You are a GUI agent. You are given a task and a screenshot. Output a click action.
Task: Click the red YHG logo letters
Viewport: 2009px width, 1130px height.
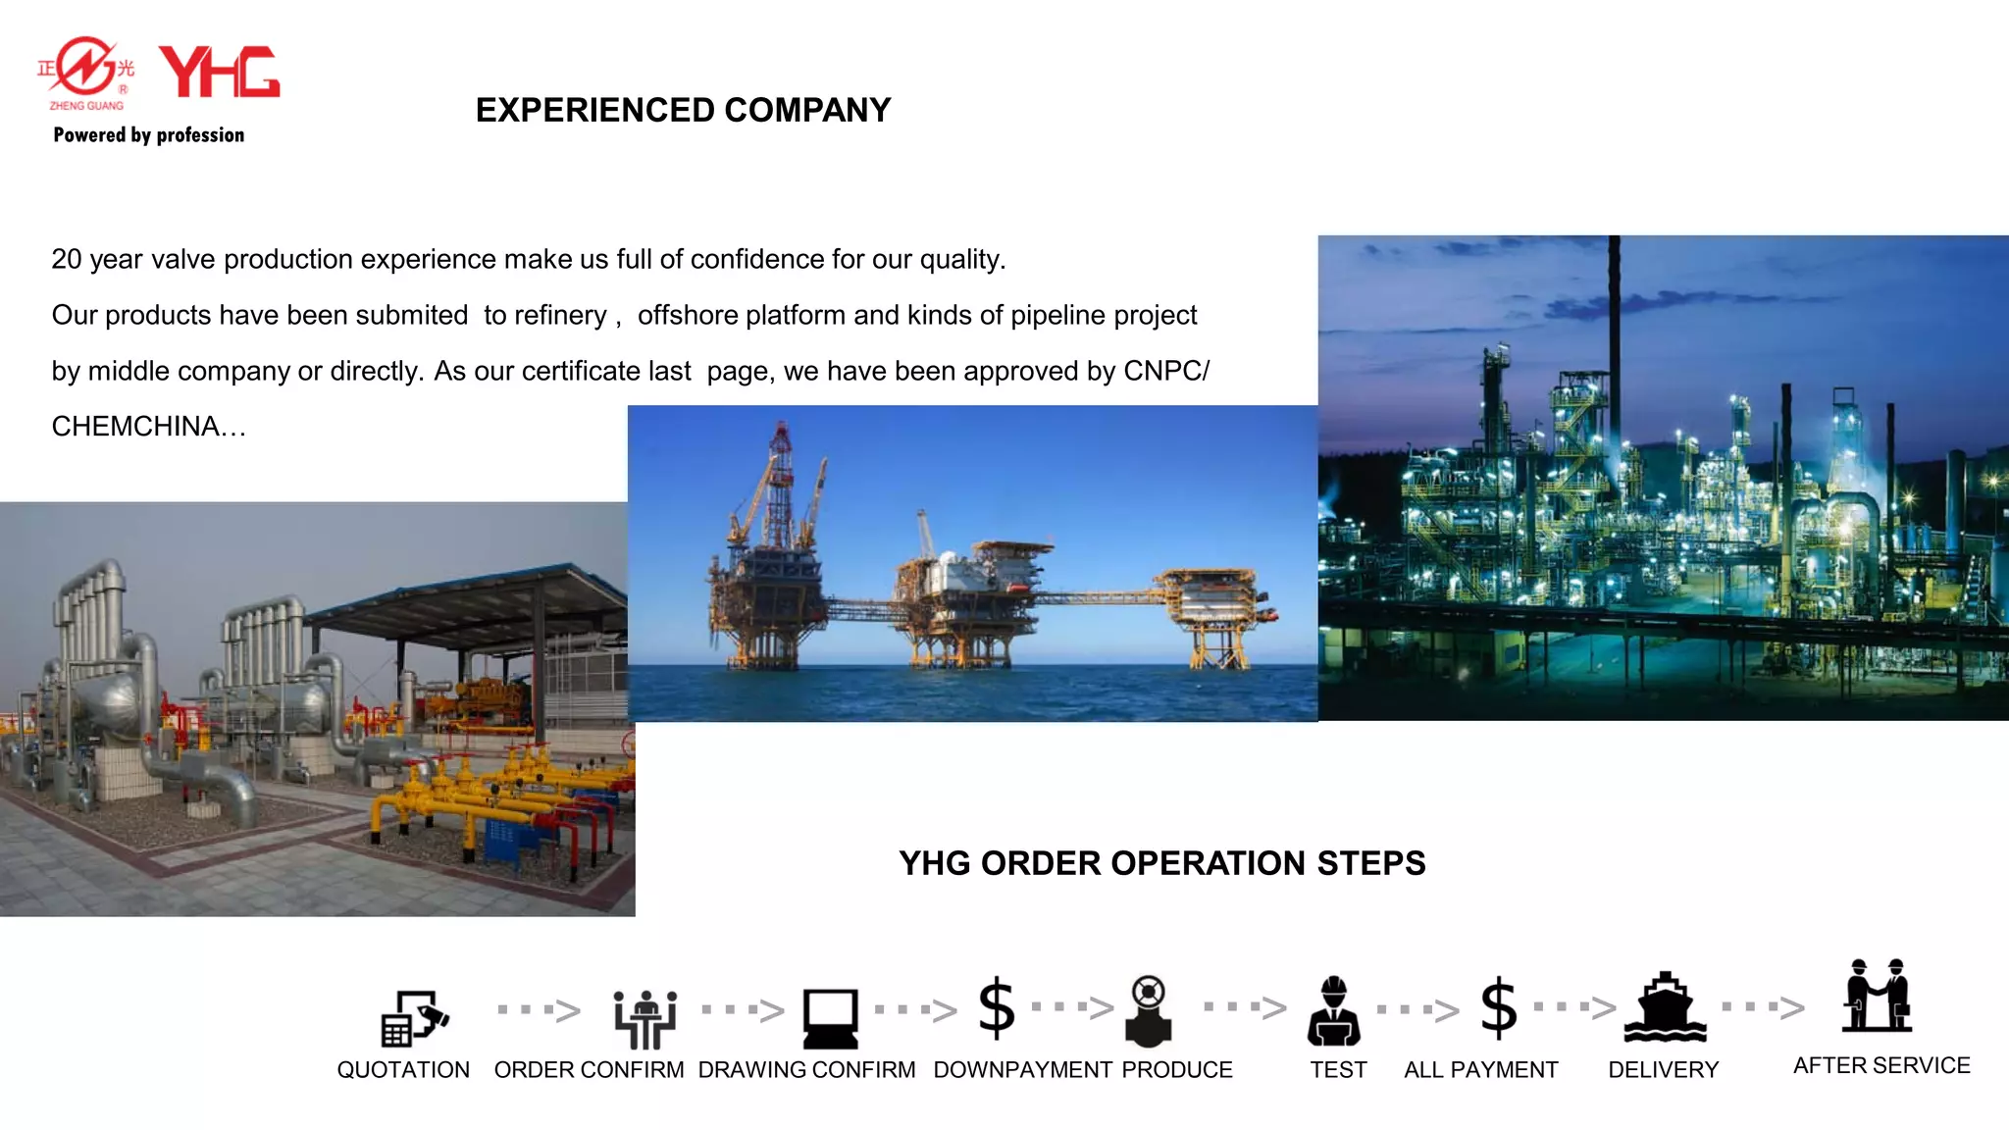coord(219,72)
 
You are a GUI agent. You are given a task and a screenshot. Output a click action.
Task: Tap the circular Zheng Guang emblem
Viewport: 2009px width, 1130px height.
coord(86,68)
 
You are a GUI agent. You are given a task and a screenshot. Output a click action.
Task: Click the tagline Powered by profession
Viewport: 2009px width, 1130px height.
coord(149,135)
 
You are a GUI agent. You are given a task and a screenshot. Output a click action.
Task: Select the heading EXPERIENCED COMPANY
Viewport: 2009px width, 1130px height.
coord(683,110)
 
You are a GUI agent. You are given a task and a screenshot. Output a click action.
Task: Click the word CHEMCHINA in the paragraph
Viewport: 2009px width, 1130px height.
coord(135,427)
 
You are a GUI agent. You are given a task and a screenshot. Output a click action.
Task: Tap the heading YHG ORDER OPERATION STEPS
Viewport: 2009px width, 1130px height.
coord(1161,863)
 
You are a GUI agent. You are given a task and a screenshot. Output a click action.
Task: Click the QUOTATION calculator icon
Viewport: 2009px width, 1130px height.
coord(413,1018)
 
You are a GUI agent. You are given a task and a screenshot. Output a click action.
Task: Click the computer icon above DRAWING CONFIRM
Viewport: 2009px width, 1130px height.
coord(830,1018)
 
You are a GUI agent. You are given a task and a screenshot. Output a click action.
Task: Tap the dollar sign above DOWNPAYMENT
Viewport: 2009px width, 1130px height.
coord(997,1007)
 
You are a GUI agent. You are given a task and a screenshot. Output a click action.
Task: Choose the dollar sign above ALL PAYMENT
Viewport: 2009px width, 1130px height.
coord(1498,1007)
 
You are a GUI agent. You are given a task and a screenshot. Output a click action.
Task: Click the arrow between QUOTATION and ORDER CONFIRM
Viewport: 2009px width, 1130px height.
coord(540,1010)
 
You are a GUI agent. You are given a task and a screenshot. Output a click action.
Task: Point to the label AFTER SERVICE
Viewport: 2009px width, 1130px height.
coord(1880,1065)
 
